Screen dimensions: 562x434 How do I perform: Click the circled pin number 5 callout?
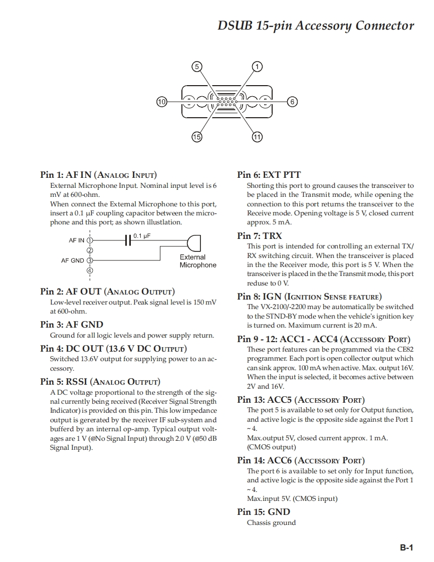click(197, 67)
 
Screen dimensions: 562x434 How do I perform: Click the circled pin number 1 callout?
click(257, 67)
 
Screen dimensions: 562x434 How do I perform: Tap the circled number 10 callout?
click(161, 102)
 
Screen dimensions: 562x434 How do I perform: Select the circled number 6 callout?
click(293, 102)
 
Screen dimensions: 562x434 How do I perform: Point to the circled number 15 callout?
click(197, 137)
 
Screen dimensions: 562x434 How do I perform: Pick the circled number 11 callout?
click(257, 137)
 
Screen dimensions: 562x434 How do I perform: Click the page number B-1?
click(406, 547)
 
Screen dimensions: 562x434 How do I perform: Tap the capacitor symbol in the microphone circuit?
click(128, 240)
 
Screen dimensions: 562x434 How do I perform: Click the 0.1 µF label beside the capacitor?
click(142, 235)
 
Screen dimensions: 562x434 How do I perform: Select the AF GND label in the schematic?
click(73, 260)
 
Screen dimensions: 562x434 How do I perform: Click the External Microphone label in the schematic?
click(198, 261)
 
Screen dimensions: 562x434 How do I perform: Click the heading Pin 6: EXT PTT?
click(269, 175)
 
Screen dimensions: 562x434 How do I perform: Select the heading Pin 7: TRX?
click(259, 235)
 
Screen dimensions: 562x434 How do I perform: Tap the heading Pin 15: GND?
click(263, 512)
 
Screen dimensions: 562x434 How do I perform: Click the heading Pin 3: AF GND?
click(72, 325)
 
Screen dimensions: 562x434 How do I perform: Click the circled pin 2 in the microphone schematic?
click(90, 250)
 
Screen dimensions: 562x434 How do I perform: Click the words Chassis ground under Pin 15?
click(271, 523)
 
